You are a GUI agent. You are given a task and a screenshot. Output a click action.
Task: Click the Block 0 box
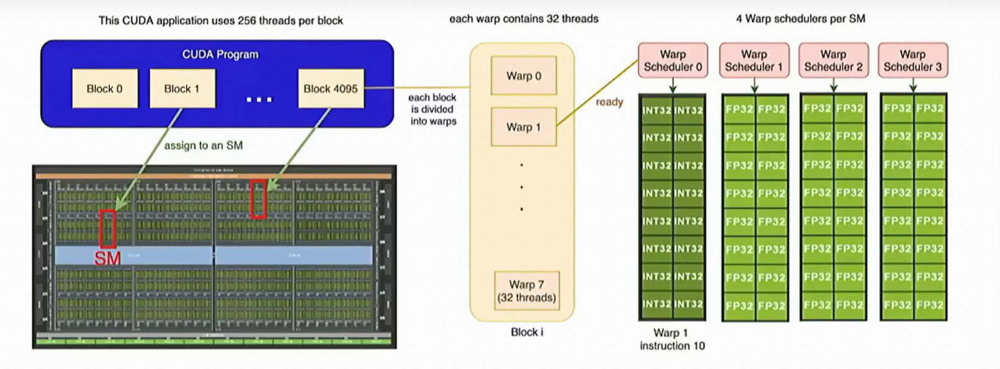pos(104,89)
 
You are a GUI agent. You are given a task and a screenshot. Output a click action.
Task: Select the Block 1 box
pos(182,89)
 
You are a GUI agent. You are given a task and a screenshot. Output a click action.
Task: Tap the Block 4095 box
pos(330,89)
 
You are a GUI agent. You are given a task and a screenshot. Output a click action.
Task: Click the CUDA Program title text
pos(220,55)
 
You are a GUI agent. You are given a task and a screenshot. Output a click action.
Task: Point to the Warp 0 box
pos(523,76)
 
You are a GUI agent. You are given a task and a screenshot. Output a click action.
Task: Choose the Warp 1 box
pos(523,127)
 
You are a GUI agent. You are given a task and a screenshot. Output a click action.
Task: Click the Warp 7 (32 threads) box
pos(526,291)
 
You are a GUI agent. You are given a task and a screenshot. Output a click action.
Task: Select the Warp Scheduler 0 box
pos(672,61)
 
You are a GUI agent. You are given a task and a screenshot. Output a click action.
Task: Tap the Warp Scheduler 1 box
pos(754,61)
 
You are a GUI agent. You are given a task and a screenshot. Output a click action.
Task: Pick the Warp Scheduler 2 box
pos(833,61)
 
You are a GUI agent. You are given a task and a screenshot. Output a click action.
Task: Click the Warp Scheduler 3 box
pos(912,61)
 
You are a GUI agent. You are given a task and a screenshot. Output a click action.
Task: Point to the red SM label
pos(107,259)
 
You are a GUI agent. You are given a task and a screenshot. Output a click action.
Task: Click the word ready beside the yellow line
pos(609,102)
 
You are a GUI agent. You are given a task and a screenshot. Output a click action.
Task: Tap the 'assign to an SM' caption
pos(203,146)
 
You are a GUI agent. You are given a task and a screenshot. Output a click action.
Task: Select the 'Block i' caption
pos(526,332)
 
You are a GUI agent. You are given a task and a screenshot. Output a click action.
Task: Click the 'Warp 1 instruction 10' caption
pos(672,339)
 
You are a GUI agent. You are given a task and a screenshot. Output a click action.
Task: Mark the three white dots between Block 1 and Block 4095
pos(259,99)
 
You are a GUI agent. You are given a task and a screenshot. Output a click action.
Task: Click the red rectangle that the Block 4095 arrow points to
pos(258,199)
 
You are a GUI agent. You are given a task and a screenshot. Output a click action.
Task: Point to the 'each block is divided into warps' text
pos(433,109)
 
